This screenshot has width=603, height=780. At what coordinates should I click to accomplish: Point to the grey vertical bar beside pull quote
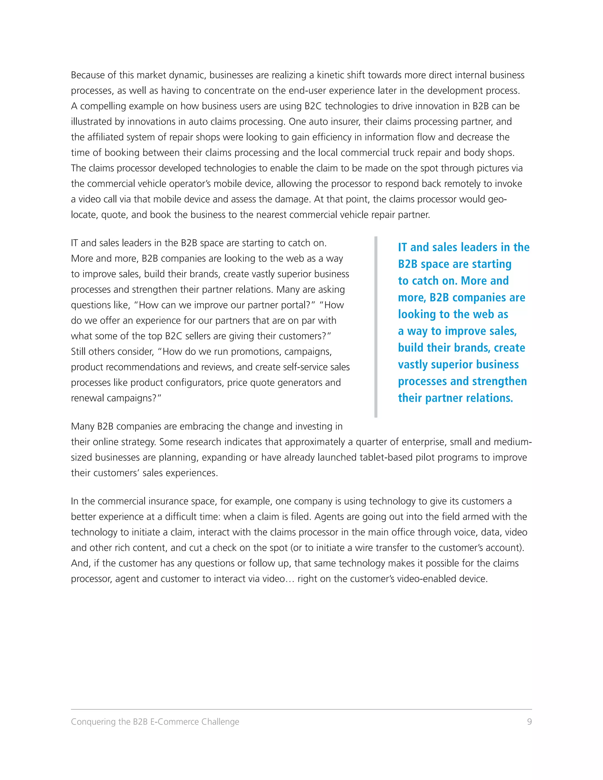pyautogui.click(x=376, y=326)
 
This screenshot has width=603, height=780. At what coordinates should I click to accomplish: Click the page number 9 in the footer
pyautogui.click(x=529, y=722)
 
